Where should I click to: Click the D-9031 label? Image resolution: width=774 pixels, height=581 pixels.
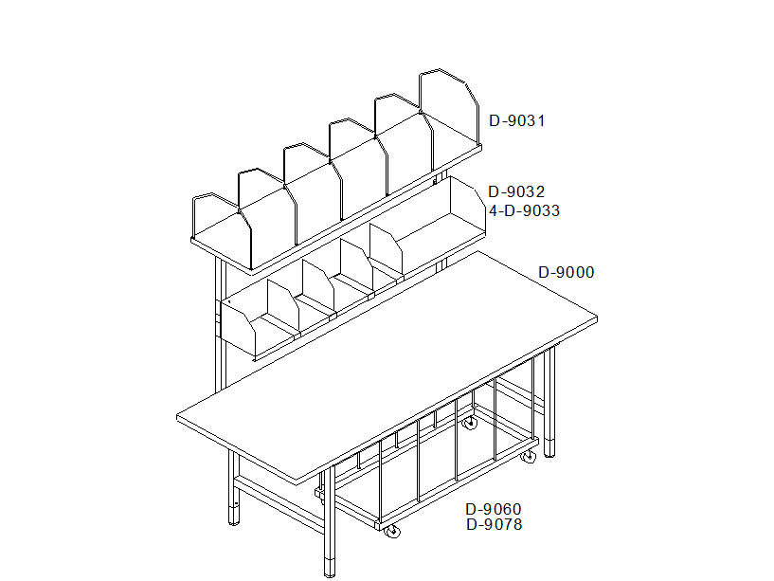click(x=517, y=121)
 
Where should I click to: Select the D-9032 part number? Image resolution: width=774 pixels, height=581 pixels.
click(x=516, y=191)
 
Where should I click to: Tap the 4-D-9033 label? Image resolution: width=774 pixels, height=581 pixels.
click(x=524, y=211)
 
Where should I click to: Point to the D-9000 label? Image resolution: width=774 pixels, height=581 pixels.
click(x=567, y=272)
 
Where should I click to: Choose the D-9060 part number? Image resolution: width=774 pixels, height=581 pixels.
click(x=494, y=509)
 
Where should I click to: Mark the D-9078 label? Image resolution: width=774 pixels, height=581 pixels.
click(x=495, y=524)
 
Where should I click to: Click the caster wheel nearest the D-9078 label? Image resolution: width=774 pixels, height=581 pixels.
click(x=392, y=531)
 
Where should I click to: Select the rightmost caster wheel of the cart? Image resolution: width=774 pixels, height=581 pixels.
click(x=529, y=457)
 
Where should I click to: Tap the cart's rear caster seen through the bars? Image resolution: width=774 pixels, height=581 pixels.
click(x=470, y=423)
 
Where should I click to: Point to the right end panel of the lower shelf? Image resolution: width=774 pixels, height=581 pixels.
click(x=467, y=207)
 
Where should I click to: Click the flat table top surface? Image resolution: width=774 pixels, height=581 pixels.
click(x=387, y=366)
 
